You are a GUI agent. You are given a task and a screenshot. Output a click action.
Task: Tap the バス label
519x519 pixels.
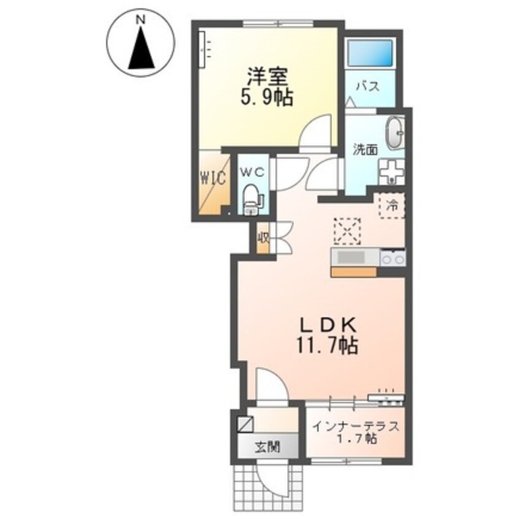coord(367,86)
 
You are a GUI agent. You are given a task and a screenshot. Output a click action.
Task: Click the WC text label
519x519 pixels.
coord(252,173)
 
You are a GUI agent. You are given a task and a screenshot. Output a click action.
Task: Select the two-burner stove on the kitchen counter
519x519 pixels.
coord(393,259)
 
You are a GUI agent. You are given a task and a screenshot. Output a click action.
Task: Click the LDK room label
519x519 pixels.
coord(325,325)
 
